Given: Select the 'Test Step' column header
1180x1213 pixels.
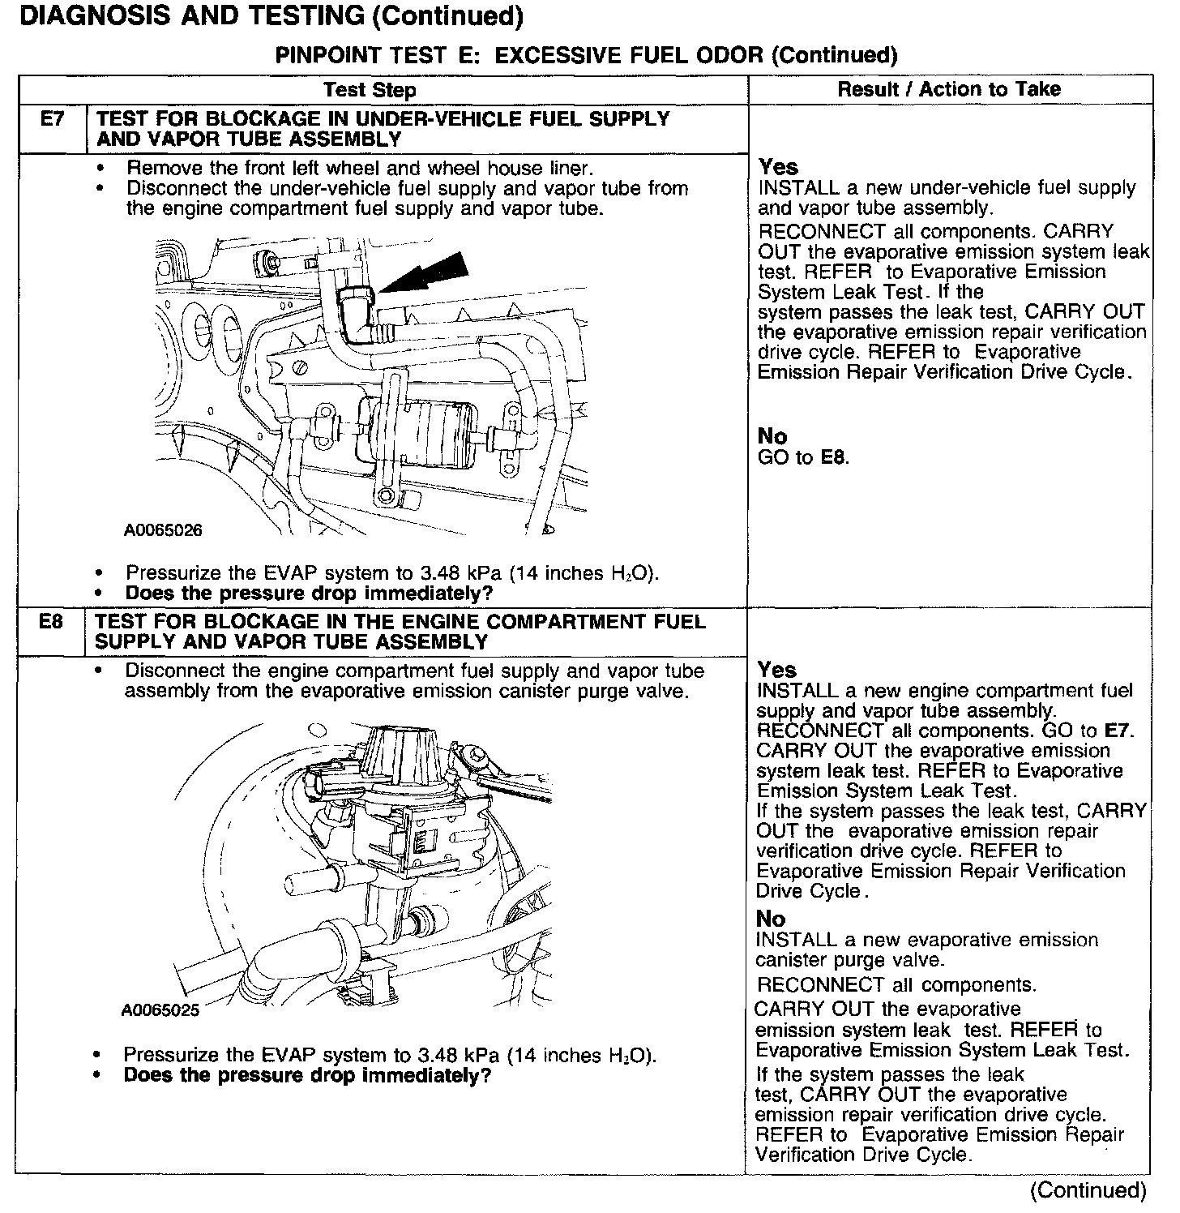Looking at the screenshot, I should tap(370, 90).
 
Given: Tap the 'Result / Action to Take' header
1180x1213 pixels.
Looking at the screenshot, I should tap(949, 89).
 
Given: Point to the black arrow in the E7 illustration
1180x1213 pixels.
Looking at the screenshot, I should tap(425, 273).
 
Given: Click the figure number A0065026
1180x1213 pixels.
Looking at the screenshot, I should tap(163, 531).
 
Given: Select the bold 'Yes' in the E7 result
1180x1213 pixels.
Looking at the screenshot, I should tap(778, 167).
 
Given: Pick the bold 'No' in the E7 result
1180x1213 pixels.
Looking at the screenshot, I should tap(772, 436).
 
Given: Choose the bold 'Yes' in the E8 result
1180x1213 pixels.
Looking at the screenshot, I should tap(776, 670).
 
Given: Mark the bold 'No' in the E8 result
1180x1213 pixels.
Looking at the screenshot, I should tap(770, 919).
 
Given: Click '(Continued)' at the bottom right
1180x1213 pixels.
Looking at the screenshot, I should tap(1088, 1189).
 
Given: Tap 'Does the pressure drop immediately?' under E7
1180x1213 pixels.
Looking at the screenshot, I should tap(309, 594).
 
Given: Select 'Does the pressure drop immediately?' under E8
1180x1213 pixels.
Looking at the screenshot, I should tap(307, 1076).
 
